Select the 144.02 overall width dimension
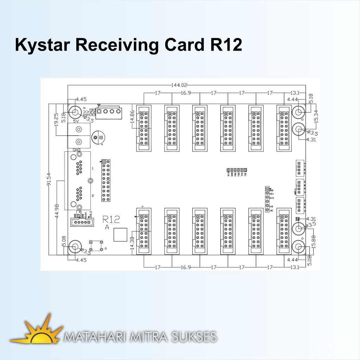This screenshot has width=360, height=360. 180,85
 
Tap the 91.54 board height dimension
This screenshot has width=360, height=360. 49,179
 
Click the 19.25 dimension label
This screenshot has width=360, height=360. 56,121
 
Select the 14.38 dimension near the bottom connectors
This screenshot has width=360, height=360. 132,242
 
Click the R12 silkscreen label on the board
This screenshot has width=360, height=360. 111,220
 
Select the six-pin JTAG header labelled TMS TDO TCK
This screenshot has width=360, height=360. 237,170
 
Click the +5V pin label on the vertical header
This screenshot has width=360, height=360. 271,193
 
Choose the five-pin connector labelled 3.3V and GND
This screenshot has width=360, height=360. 81,222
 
